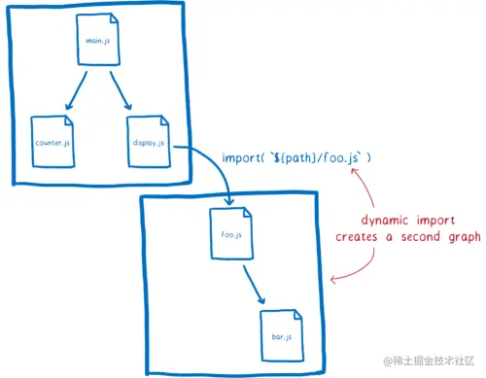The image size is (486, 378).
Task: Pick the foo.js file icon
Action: (x=231, y=234)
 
